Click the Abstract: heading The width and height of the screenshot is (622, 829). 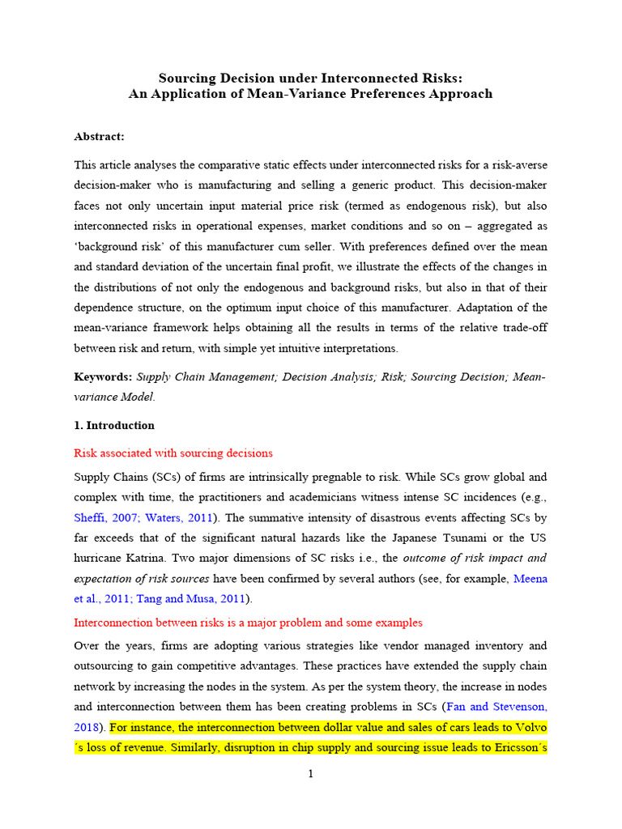(99, 137)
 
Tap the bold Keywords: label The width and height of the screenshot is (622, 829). (103, 377)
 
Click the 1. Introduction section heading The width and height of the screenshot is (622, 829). (114, 425)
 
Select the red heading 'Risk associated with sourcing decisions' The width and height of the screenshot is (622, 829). (173, 453)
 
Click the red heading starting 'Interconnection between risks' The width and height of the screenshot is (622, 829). (248, 623)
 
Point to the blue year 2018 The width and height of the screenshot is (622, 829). (87, 726)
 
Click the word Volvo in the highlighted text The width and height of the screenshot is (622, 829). (530, 726)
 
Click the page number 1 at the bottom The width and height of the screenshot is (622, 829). (310, 774)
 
